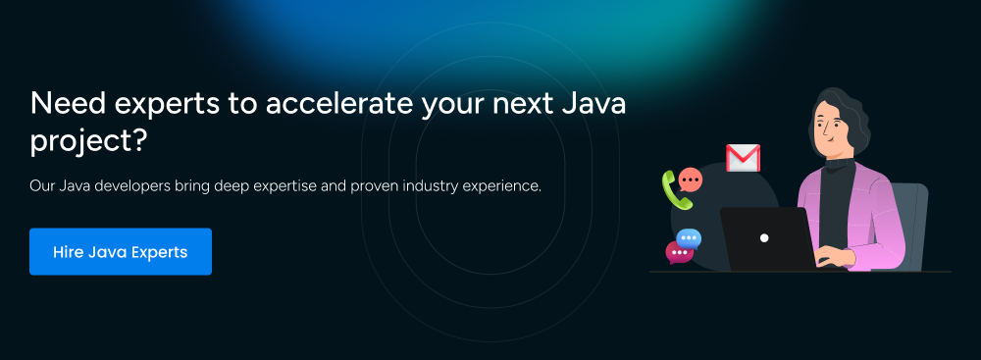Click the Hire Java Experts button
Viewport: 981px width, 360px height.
coord(120,252)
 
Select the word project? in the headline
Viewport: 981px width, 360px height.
coord(88,142)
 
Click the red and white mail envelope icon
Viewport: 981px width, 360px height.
coord(743,158)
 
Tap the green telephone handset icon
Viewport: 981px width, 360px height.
coord(676,190)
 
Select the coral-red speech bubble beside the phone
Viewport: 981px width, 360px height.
coord(690,180)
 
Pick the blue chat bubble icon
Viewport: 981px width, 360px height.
coord(689,238)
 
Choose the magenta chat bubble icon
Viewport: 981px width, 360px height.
coord(679,252)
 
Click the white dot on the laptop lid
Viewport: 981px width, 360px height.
coord(764,238)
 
